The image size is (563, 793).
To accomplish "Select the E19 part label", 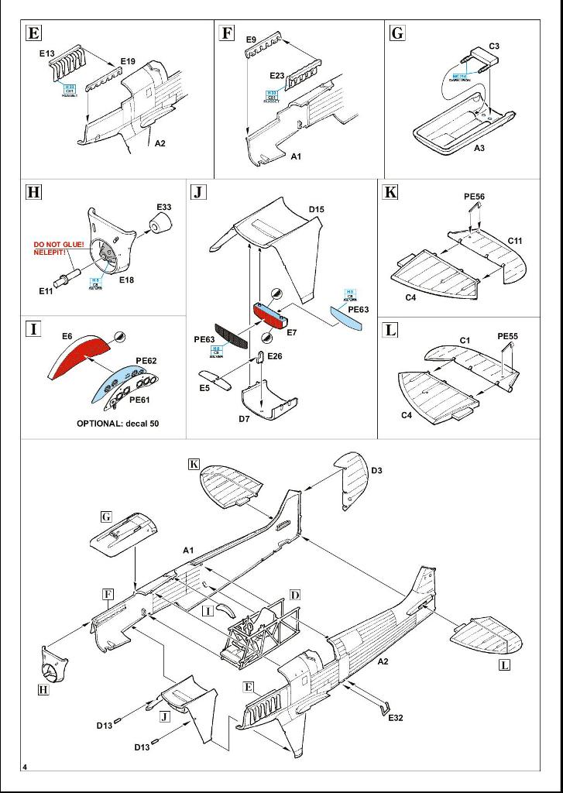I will (x=128, y=61).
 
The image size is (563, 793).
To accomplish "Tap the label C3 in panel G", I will (x=494, y=46).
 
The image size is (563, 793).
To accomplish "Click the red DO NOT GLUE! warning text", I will (x=58, y=245).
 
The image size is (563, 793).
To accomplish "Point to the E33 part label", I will (x=164, y=208).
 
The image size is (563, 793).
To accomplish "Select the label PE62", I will (x=146, y=361).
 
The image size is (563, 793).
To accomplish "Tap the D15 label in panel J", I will (x=316, y=209).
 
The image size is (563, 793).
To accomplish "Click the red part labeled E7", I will (x=269, y=312).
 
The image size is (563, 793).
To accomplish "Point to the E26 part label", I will (x=275, y=356).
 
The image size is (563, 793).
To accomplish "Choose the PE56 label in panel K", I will (x=474, y=197).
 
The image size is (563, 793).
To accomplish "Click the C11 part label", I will (x=515, y=241).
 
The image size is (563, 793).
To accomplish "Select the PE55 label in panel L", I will (x=507, y=336).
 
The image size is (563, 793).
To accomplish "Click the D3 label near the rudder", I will (x=377, y=470).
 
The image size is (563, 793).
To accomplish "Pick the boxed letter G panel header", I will (x=398, y=33).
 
